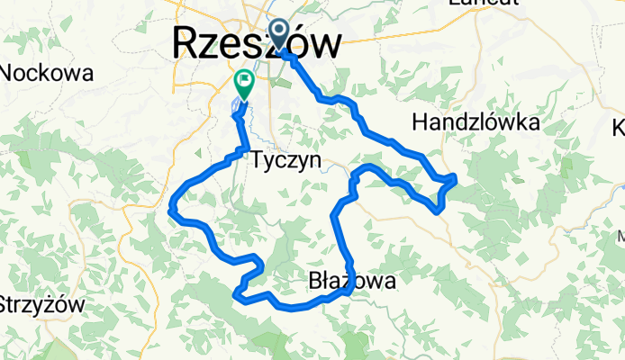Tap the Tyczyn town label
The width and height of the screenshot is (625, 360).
287,159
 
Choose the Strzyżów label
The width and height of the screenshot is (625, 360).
41,303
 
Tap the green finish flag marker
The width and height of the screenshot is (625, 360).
244,84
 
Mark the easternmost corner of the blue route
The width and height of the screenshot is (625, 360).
456,178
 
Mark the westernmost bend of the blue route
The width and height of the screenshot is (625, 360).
170,211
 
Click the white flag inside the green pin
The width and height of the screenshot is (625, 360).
244,81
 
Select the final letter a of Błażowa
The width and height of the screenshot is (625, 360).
388,283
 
